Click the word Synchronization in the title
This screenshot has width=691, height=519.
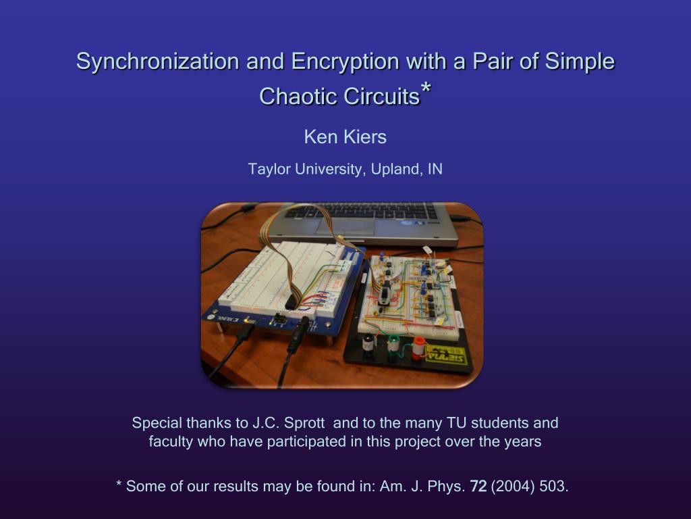pyautogui.click(x=158, y=61)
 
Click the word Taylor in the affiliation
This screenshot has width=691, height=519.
pyautogui.click(x=269, y=170)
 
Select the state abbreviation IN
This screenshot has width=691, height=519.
pyautogui.click(x=435, y=169)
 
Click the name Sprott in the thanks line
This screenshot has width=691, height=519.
pyautogui.click(x=304, y=424)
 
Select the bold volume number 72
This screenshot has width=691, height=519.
pyautogui.click(x=478, y=487)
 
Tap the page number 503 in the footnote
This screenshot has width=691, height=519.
pyautogui.click(x=553, y=487)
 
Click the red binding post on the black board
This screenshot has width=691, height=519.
pyautogui.click(x=418, y=345)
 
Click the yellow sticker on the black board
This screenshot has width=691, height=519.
pyautogui.click(x=445, y=355)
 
